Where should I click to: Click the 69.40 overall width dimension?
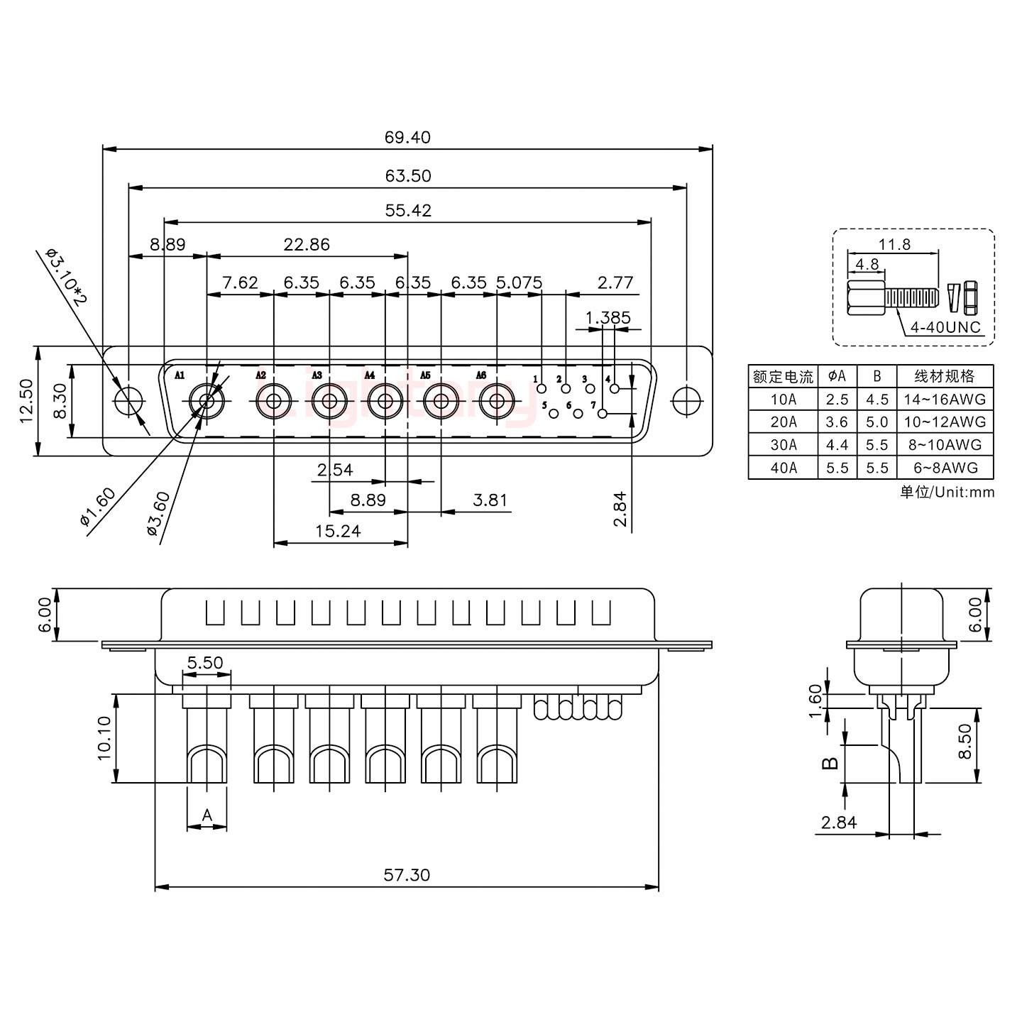coord(407,137)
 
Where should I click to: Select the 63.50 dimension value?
coord(407,175)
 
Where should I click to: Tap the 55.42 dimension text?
coord(407,210)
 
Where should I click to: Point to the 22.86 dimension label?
coord(307,244)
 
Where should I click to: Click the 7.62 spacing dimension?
coord(240,282)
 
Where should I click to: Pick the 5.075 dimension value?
coord(519,282)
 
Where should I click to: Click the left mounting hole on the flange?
coord(129,401)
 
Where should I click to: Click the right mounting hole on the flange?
coord(686,401)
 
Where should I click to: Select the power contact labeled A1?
coord(207,402)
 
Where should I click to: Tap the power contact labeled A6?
coord(496,402)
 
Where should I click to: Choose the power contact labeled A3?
coord(329,402)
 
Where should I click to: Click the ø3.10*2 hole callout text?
coord(65,276)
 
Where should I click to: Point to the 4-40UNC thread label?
coord(945,327)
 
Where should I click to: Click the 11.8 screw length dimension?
coord(894,244)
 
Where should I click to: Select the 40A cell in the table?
coord(783,468)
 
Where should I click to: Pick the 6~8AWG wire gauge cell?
coord(945,468)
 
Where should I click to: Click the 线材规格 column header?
coord(945,376)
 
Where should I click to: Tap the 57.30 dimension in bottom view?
coord(407,875)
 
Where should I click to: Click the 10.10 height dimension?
coord(104,738)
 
